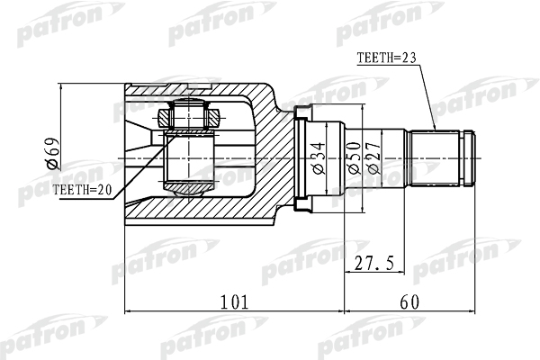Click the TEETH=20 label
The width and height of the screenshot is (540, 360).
pyautogui.click(x=83, y=190)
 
